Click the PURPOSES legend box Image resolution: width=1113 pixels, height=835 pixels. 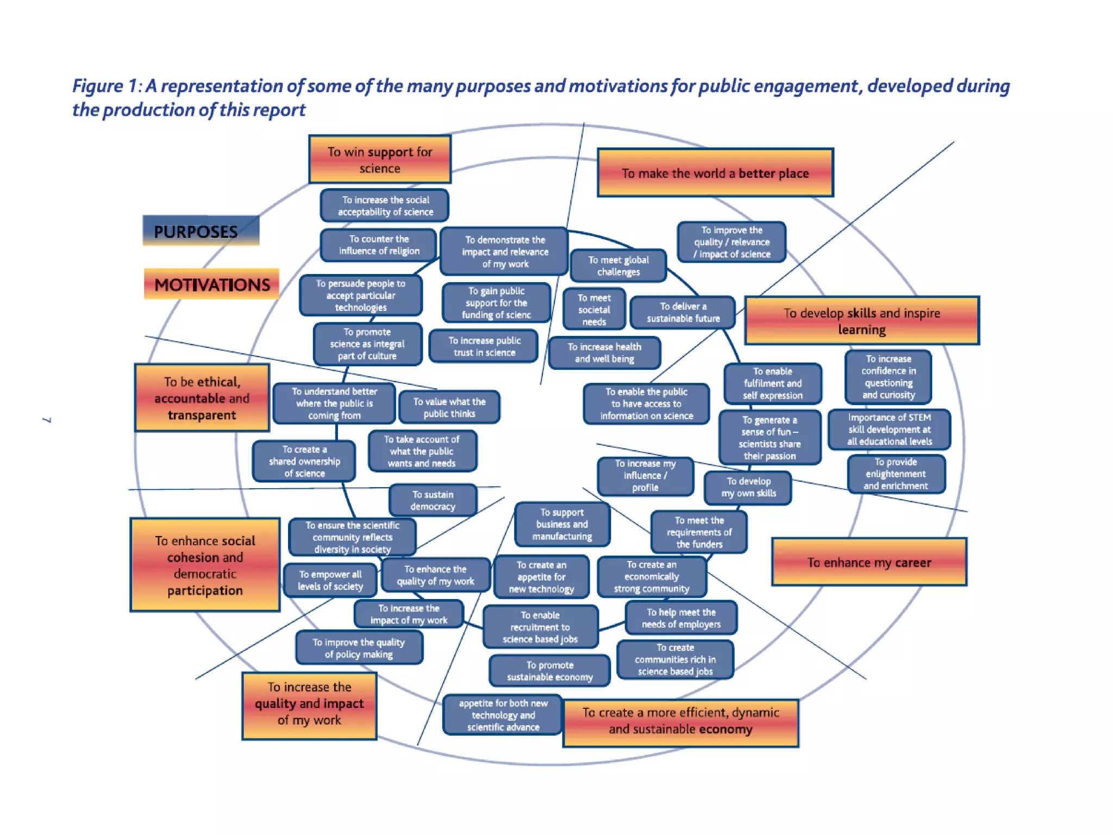(201, 231)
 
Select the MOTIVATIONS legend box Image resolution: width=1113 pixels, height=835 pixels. (211, 284)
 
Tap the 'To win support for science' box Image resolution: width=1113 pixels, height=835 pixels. (379, 159)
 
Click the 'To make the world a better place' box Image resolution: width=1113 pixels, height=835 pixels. (715, 173)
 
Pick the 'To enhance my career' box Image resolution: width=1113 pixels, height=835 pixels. (868, 562)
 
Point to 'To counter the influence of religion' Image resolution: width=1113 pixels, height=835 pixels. (378, 245)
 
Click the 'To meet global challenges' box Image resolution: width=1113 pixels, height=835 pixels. (618, 266)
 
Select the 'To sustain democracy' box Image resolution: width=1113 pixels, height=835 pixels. (433, 500)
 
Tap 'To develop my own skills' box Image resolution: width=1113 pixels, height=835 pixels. (748, 488)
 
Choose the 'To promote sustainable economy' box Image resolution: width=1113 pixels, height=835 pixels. (549, 671)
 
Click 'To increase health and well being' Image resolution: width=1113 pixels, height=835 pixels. (604, 353)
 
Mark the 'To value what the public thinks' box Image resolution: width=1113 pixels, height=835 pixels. (449, 407)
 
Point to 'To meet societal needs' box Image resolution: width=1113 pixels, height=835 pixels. (593, 309)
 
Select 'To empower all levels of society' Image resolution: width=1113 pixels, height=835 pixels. (330, 580)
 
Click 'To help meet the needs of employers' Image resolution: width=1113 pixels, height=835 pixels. (680, 618)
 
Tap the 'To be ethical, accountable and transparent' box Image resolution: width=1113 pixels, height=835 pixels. (202, 398)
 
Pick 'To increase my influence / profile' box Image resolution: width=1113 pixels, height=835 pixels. (645, 476)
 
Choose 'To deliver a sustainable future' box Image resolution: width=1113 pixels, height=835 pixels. (683, 313)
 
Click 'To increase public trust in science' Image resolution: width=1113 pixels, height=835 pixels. (484, 347)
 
